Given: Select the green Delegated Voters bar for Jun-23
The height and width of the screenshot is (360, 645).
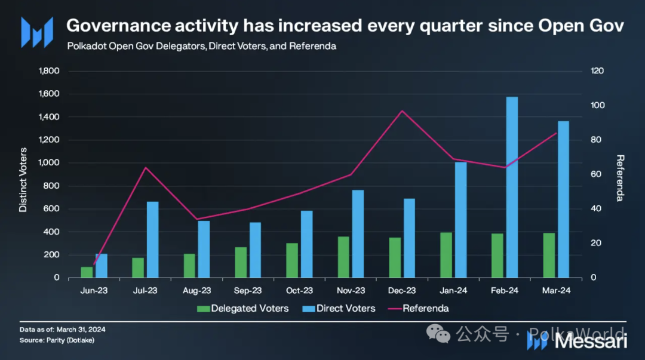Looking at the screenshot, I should [87, 272].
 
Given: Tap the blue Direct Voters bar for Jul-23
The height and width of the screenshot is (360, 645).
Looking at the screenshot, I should [153, 239].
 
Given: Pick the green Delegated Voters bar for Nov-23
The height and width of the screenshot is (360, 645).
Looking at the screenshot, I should [343, 257].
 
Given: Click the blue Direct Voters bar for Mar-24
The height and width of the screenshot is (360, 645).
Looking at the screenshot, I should [563, 199].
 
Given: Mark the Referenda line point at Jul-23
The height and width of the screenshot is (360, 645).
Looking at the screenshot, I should [145, 167].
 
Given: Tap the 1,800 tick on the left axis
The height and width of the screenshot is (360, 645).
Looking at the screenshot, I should [49, 71].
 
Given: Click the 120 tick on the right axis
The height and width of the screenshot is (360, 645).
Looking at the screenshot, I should [597, 71].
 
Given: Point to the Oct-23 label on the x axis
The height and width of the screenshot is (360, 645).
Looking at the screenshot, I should [299, 291].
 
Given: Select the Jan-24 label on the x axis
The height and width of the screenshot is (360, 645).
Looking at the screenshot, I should [453, 291].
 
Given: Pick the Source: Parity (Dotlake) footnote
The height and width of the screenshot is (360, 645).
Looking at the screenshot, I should [57, 340].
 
